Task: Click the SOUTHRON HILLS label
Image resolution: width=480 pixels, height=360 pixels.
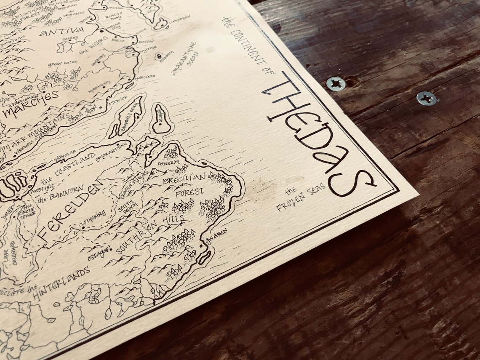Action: pyautogui.click(x=149, y=234)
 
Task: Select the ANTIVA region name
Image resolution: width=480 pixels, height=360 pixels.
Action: pyautogui.click(x=61, y=31)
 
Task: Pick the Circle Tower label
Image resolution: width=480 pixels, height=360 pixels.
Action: pyautogui.click(x=28, y=211)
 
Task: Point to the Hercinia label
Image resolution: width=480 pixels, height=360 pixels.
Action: pyautogui.click(x=145, y=77)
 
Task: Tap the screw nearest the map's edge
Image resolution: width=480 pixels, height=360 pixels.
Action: pyautogui.click(x=336, y=84)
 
